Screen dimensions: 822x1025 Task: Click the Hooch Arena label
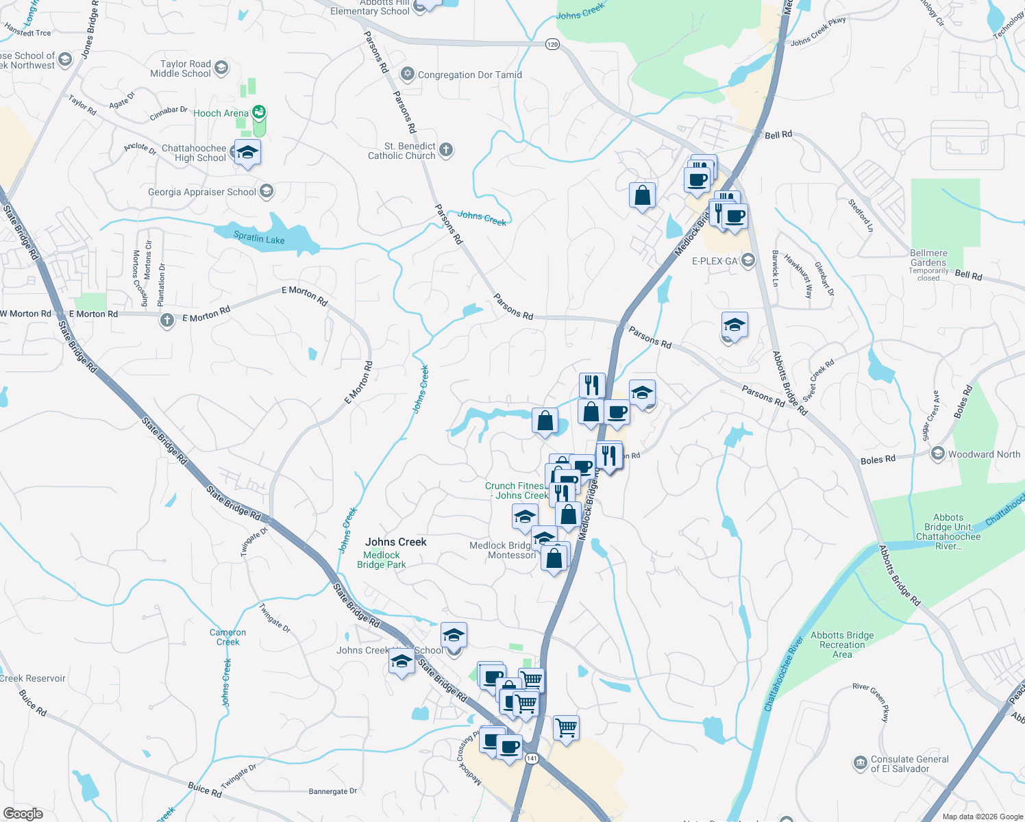coord(221,113)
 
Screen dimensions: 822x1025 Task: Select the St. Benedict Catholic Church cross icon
coord(446,150)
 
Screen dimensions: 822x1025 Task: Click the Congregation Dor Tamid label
coord(469,75)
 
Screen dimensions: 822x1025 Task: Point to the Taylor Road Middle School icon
coord(221,68)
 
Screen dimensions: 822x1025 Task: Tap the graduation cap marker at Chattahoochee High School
coord(247,152)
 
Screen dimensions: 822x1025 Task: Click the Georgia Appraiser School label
coord(201,192)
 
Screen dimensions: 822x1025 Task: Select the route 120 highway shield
coord(552,44)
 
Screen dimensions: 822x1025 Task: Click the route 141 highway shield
coord(532,758)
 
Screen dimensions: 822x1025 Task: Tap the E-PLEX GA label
coord(715,261)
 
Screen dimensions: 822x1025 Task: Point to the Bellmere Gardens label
coord(928,258)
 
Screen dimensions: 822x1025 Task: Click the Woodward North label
coord(984,454)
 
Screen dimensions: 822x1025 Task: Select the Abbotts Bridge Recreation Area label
coord(842,645)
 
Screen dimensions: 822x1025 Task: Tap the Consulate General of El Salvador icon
coord(860,763)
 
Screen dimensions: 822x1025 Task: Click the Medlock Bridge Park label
coord(382,560)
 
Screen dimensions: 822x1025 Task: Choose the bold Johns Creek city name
coord(396,542)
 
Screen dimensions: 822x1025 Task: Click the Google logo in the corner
coord(23,814)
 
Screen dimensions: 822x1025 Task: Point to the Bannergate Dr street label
coord(333,791)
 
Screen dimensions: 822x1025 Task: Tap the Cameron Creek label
coord(227,637)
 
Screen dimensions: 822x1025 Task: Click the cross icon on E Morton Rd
coord(167,321)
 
